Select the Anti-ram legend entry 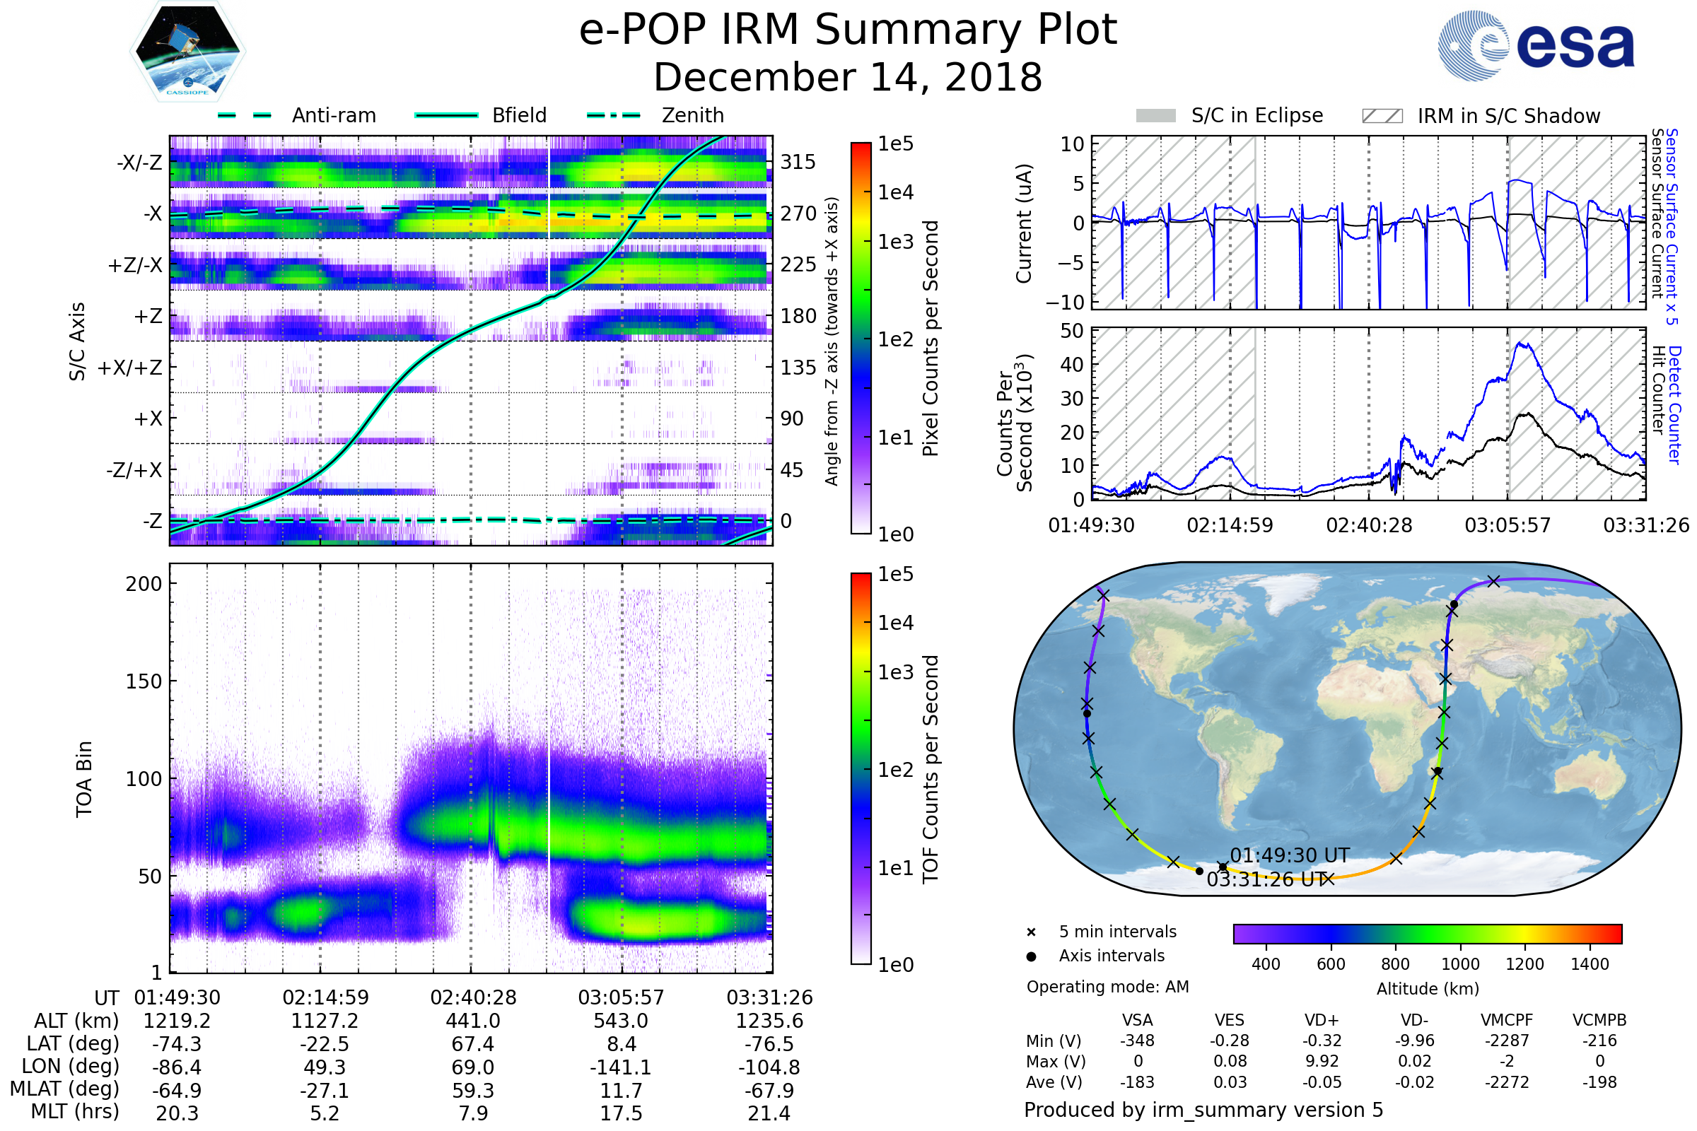333,115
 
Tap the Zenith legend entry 692,115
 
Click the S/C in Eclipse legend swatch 1155,116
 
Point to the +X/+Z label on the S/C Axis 130,368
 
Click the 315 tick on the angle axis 798,162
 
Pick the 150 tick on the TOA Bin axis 144,681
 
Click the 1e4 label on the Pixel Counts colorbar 895,192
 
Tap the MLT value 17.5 621,1113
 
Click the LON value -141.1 621,1067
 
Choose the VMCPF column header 1507,1021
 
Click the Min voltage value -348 1137,1041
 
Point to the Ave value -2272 1507,1083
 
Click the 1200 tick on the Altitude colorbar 1524,964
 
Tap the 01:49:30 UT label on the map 1289,855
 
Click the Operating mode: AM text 1107,987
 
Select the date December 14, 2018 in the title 848,77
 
